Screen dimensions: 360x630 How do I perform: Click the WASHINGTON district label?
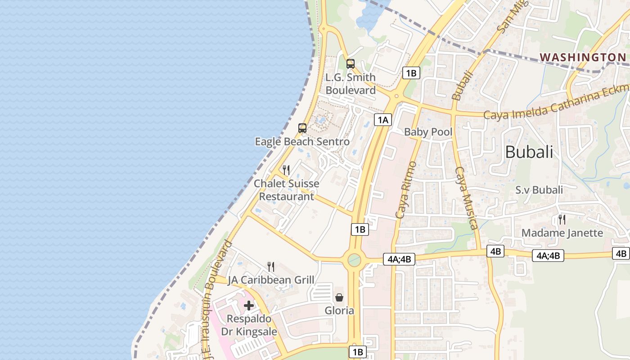point(583,57)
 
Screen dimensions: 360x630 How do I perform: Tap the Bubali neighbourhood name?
point(529,152)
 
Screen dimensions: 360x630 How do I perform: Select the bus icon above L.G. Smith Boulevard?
point(351,64)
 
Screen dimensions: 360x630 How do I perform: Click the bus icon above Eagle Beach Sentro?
point(302,128)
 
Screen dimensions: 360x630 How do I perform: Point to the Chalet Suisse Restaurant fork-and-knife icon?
point(286,170)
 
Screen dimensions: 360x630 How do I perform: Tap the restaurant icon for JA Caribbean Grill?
point(271,266)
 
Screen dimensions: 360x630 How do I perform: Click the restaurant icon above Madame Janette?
point(562,219)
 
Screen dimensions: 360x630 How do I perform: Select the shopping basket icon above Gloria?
point(339,297)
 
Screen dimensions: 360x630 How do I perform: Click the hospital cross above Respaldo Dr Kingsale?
point(249,306)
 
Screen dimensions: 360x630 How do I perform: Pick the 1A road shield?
point(382,120)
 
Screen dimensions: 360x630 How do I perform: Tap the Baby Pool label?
point(428,132)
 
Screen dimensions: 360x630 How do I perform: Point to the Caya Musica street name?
point(466,198)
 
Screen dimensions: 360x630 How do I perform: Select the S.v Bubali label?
point(539,190)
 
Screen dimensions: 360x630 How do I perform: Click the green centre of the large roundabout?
point(354,260)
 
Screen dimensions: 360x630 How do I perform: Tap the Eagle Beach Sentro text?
point(302,142)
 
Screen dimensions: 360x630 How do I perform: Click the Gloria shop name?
point(339,310)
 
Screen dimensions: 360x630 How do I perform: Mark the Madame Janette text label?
point(562,233)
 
